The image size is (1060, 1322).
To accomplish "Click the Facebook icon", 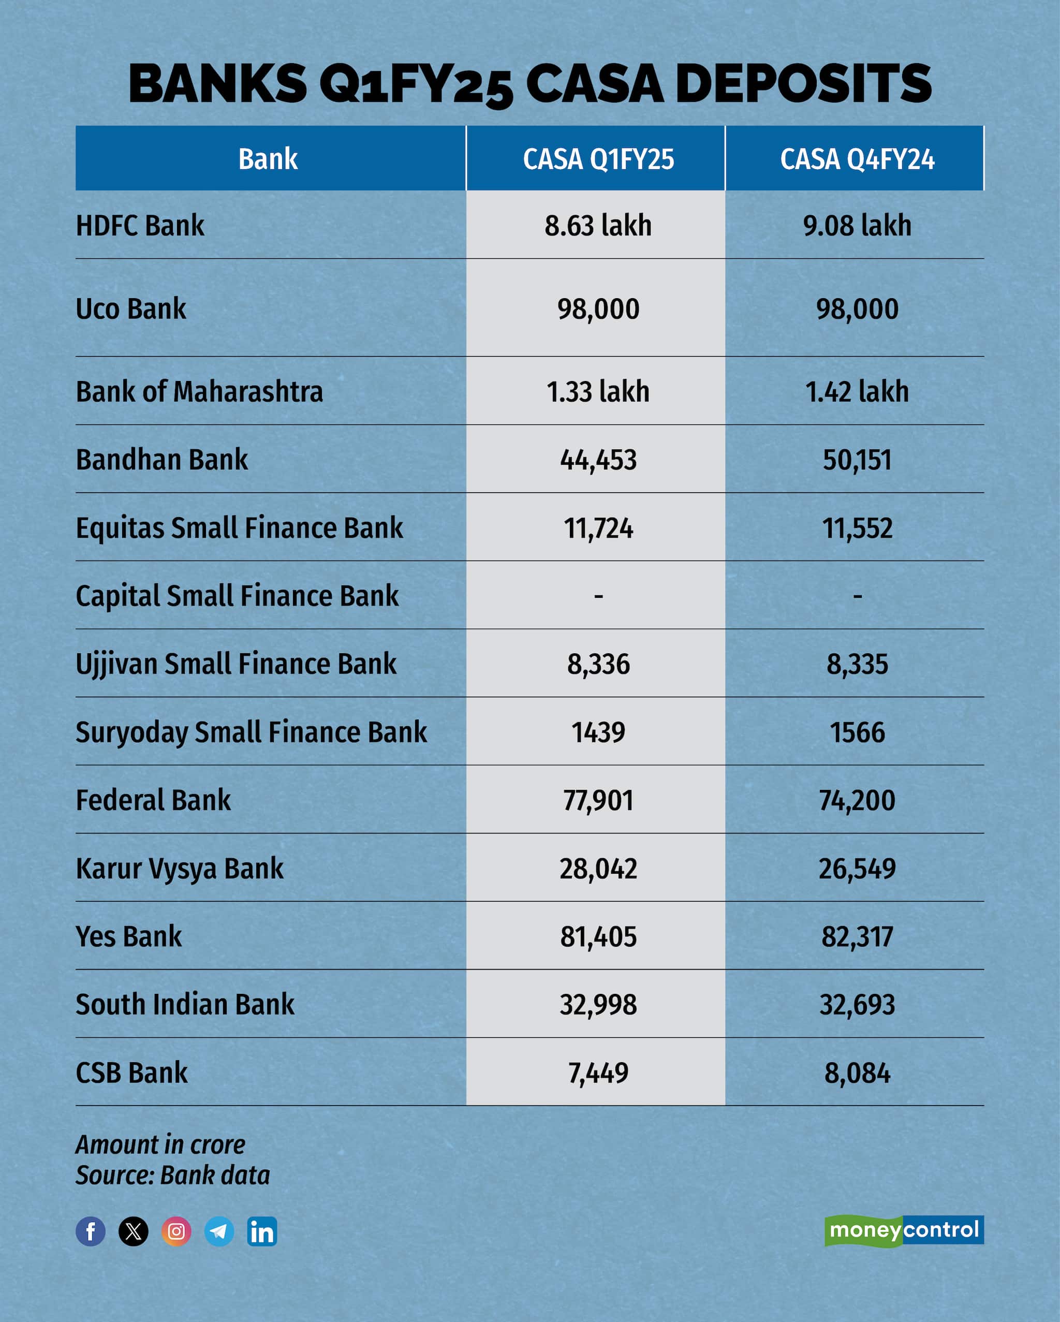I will pos(91,1231).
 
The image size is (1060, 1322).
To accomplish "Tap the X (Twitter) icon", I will pos(134,1231).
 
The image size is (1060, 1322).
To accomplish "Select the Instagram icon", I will pos(176,1231).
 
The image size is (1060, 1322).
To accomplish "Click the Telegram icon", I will pos(219,1231).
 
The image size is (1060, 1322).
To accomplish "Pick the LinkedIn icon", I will pos(262,1231).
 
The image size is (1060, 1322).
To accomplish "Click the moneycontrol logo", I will pos(904,1230).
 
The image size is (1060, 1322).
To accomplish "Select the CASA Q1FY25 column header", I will pos(598,159).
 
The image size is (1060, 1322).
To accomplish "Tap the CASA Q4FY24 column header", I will pos(857,159).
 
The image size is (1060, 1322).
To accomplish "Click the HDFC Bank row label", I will pos(140,226).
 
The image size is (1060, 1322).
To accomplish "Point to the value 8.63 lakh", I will pos(598,226).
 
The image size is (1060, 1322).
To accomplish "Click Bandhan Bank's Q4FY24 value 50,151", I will pos(857,460).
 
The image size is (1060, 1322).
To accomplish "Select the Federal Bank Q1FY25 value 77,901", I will pos(598,800).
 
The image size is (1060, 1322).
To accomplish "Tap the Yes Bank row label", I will pos(129,936).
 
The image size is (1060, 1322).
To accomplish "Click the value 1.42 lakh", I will pos(857,392).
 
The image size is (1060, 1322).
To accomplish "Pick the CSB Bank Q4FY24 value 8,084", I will pos(857,1073).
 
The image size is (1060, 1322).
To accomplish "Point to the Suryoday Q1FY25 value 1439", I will pos(598,732).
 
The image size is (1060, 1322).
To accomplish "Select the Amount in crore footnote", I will pos(160,1144).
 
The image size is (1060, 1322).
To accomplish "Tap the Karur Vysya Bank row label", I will pos(180,868).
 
